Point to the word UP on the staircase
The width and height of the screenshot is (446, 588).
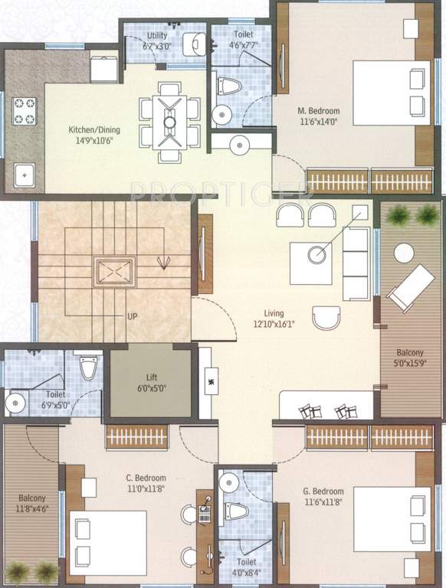click(x=133, y=315)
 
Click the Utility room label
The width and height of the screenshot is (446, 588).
click(x=158, y=35)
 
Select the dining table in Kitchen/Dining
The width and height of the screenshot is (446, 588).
click(x=170, y=121)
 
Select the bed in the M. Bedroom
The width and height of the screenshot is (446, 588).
click(x=391, y=93)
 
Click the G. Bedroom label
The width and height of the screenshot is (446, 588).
click(x=323, y=491)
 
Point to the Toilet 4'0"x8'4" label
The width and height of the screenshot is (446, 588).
click(x=245, y=566)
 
